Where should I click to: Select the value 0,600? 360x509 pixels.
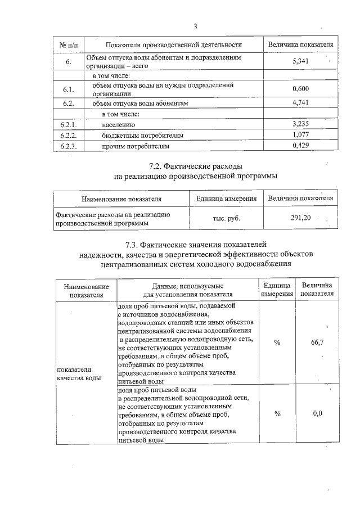(x=301, y=89)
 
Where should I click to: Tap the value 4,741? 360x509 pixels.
(x=301, y=102)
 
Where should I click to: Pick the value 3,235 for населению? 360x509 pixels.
(x=301, y=124)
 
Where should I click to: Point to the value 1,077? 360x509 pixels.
(x=301, y=135)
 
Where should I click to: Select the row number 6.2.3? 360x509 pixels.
(x=68, y=146)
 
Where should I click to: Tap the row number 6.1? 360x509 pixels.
(x=68, y=89)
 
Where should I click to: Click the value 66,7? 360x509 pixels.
(x=317, y=343)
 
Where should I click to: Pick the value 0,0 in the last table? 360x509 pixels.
(x=317, y=414)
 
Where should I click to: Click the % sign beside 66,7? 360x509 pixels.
(x=277, y=343)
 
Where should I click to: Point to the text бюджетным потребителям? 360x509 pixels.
(x=143, y=136)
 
